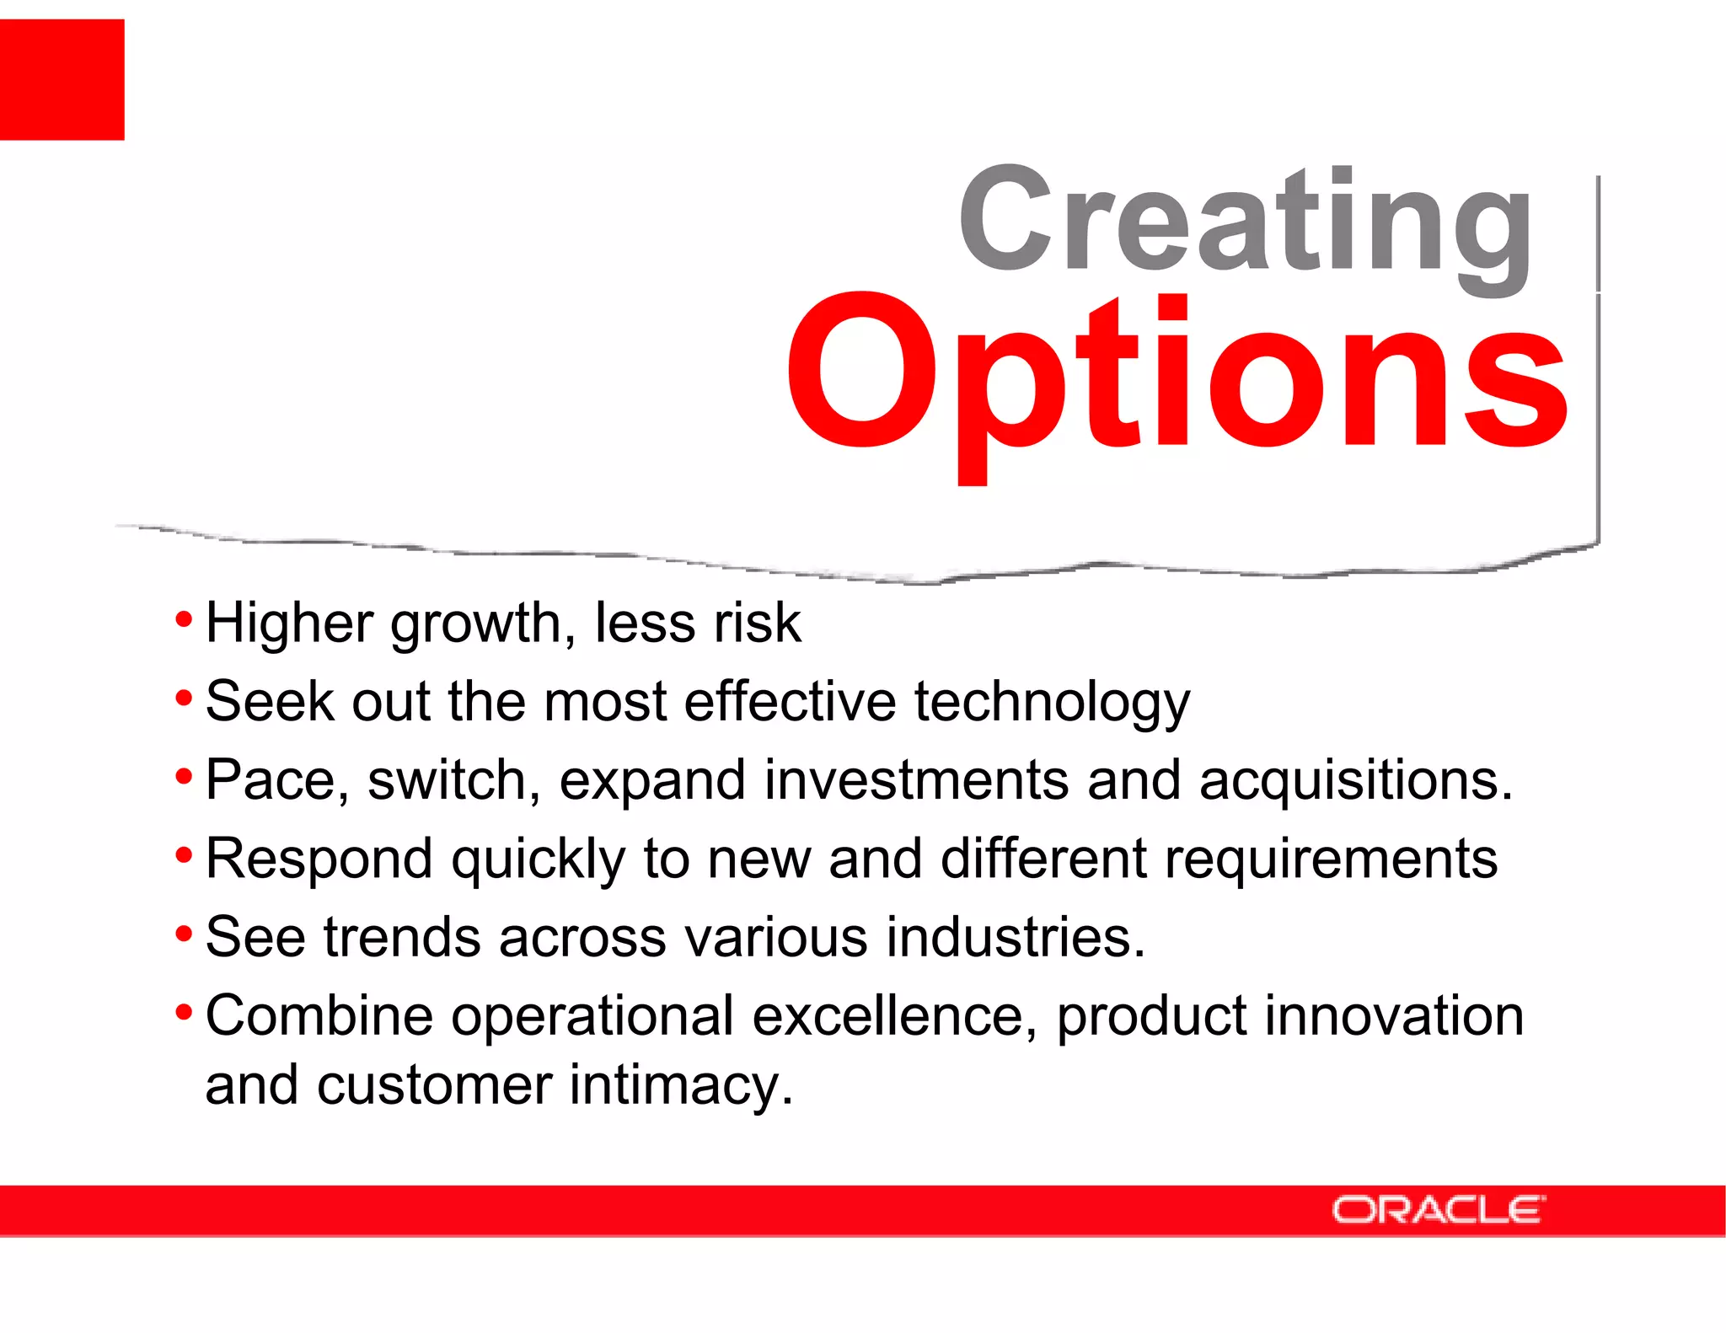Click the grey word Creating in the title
click(1246, 221)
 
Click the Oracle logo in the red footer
click(1438, 1210)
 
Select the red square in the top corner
click(62, 79)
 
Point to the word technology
click(1052, 702)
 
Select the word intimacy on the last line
click(681, 1085)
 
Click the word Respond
click(319, 859)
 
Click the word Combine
click(319, 1015)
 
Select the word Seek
click(270, 702)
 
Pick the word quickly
click(538, 859)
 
